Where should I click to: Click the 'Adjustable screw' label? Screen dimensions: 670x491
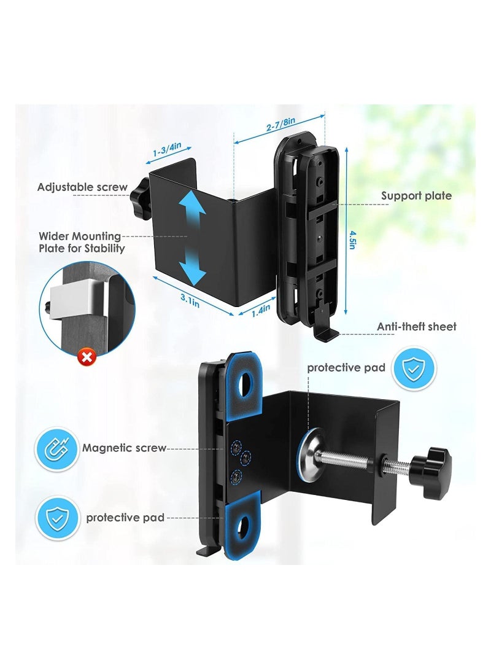[x=82, y=187]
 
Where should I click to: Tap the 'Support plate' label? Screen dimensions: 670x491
[x=416, y=196]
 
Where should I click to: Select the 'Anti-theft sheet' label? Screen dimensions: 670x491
[x=417, y=327]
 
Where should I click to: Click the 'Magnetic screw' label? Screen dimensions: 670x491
[x=124, y=448]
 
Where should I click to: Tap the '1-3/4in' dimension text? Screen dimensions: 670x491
[x=168, y=150]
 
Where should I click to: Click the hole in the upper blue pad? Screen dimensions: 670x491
[x=245, y=384]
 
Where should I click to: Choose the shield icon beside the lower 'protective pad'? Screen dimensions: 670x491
[x=57, y=518]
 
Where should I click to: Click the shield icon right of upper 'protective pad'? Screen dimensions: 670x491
[x=413, y=368]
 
